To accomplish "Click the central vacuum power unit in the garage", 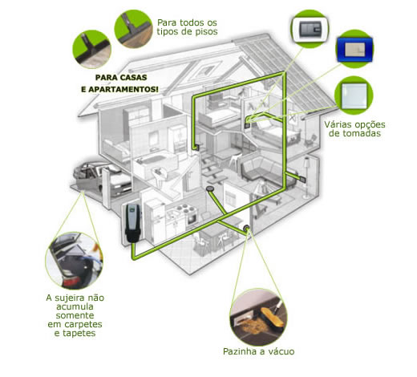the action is (132, 223).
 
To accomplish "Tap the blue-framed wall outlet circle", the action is (354, 49).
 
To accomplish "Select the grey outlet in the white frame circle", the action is (310, 29).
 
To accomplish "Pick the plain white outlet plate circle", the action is (354, 95).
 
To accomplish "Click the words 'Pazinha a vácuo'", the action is (258, 351).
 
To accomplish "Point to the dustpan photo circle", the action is (258, 317).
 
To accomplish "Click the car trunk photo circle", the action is (75, 261).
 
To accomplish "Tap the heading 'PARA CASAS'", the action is (121, 78).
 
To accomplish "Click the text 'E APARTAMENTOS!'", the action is (119, 89).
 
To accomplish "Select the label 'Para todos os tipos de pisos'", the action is (187, 27).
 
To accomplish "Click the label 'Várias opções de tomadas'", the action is (354, 129).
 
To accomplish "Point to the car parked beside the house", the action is (102, 178).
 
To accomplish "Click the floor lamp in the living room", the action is (306, 177).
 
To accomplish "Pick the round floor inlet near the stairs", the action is (210, 188).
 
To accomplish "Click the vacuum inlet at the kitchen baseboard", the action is (246, 229).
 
